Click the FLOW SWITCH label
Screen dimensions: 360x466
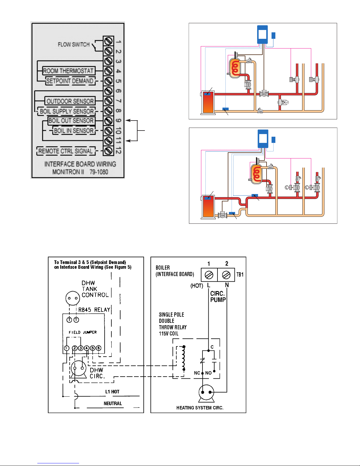(74, 44)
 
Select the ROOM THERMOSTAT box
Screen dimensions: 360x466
(68, 71)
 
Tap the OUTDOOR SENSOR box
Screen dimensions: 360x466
(70, 101)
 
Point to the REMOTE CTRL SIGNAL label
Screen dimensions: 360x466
(66, 151)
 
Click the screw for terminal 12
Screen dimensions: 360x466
(108, 151)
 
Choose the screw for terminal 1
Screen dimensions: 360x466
(108, 41)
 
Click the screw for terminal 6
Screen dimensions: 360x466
(108, 91)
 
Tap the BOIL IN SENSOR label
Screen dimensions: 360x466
(74, 131)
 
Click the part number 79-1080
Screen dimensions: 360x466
(99, 172)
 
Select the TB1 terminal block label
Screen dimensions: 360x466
(240, 275)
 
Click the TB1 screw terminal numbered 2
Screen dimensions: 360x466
(226, 275)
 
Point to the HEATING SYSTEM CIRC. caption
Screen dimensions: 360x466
(200, 408)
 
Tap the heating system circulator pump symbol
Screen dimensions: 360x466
(206, 394)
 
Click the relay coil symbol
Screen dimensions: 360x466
(183, 358)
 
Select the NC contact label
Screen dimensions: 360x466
(197, 373)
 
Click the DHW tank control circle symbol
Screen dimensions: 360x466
(73, 298)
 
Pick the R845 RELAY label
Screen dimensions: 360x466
(94, 310)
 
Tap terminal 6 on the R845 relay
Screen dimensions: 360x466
(98, 348)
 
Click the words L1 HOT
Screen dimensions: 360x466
(112, 392)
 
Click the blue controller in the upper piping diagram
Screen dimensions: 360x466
(262, 34)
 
